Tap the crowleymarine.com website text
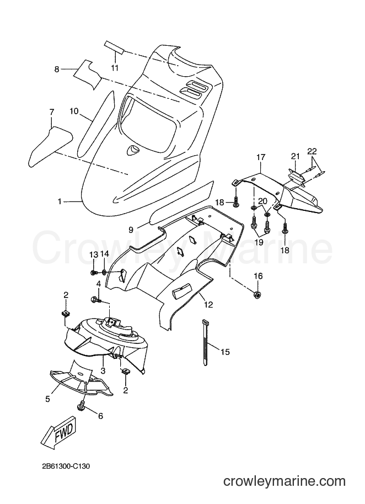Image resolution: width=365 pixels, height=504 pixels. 284,481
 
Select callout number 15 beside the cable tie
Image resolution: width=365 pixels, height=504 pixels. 226,352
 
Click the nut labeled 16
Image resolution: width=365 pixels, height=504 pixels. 258,294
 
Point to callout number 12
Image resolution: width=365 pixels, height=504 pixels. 208,304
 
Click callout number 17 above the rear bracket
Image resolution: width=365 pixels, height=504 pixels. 261,157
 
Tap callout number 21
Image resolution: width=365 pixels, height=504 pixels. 296,156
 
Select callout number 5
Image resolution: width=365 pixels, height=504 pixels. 48,399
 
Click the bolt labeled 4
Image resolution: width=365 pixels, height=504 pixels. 97,300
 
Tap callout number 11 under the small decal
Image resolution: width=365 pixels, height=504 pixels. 115,68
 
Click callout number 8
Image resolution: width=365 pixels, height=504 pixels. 57,69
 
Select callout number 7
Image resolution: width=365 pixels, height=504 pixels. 52,112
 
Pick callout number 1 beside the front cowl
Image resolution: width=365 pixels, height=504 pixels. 60,201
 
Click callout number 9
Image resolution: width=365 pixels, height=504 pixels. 131,230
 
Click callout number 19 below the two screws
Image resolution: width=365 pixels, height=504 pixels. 259,241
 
